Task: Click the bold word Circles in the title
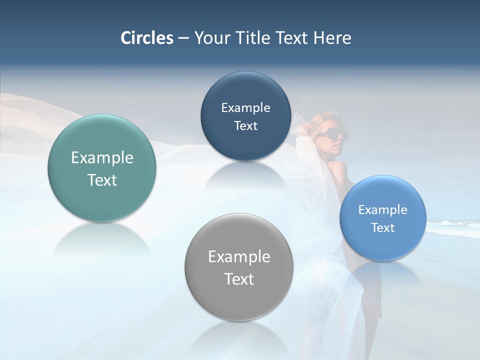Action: [x=147, y=38]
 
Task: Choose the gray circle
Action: [x=238, y=300]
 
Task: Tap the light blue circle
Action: [x=382, y=245]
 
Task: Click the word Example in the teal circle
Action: [x=102, y=158]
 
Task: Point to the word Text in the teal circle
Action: [x=102, y=180]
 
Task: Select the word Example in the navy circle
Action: [x=245, y=108]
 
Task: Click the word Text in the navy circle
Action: [x=245, y=126]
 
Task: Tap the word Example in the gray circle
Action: [x=238, y=257]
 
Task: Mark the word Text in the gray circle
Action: [x=238, y=279]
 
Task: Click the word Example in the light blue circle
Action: [x=382, y=210]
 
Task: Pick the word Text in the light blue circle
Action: [x=382, y=228]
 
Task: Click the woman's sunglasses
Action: [x=331, y=133]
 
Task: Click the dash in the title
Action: [x=183, y=38]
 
